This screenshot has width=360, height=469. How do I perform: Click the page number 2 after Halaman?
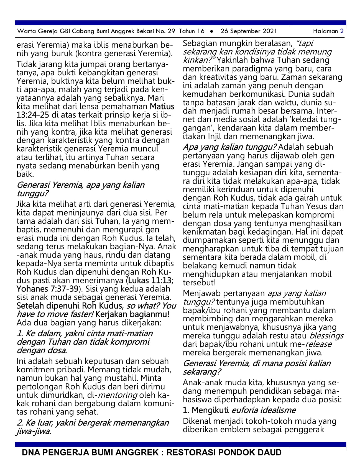pos(342,31)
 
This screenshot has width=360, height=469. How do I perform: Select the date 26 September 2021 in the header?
pos(249,31)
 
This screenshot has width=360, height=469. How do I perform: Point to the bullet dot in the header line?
pos(212,31)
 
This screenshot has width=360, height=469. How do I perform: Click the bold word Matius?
pos(162,107)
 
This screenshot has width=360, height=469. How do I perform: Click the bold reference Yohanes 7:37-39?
pos(47,289)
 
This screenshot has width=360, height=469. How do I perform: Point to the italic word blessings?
pos(326,336)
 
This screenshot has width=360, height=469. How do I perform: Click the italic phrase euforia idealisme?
pos(264,410)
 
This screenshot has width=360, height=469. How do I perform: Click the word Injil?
pos(225,137)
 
